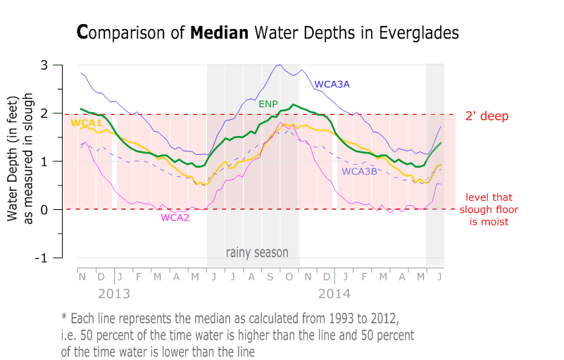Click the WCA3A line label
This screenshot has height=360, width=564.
point(332,85)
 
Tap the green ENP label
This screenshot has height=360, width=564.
point(268,104)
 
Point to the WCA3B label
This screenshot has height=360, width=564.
point(360,171)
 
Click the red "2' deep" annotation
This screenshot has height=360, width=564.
point(487,116)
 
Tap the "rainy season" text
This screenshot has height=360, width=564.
point(257,252)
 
